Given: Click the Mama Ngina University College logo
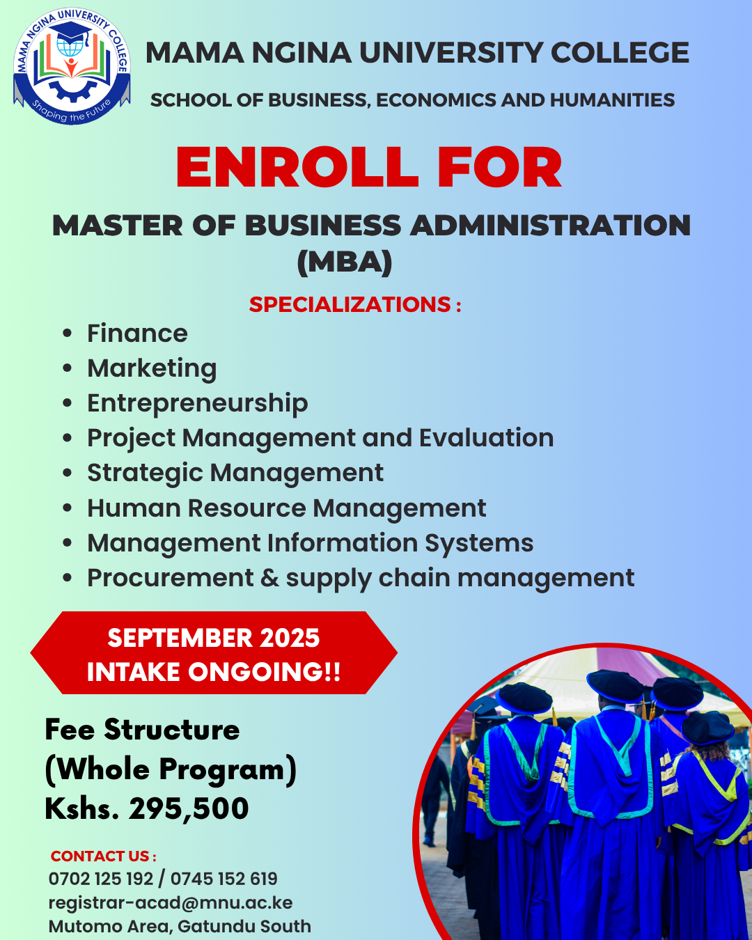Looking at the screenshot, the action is click(x=72, y=66).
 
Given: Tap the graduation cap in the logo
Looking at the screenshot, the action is click(x=70, y=33).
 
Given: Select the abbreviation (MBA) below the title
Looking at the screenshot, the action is click(x=345, y=262).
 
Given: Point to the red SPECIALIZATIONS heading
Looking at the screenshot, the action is click(x=355, y=304).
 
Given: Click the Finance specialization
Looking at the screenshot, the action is click(x=137, y=334).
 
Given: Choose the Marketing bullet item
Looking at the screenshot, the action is click(x=152, y=368).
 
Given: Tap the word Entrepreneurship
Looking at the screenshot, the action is click(x=198, y=403).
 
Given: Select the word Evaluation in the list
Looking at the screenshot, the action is click(x=486, y=438).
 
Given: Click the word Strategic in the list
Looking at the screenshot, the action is click(x=145, y=473).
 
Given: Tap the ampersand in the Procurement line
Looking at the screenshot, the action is click(x=269, y=578).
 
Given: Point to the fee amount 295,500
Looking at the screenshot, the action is click(x=189, y=808).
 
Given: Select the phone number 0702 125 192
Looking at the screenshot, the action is click(x=101, y=879).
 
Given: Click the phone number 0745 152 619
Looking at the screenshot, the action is click(x=224, y=879).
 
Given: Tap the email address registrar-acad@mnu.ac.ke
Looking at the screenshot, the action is click(x=171, y=903).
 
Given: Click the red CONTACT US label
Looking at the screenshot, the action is click(x=103, y=856).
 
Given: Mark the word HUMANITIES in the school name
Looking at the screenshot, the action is click(x=612, y=100).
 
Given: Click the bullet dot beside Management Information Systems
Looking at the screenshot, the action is click(x=67, y=543).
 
